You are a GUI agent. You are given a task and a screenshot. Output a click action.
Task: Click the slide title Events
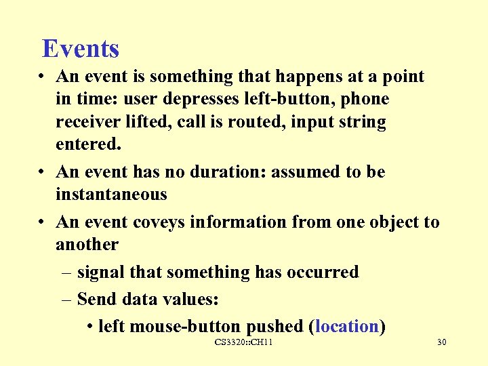point(80,49)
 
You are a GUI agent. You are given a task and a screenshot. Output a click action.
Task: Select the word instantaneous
point(111,195)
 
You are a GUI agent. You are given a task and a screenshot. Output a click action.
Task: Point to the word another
point(87,245)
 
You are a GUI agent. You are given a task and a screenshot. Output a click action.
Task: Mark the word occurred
point(325,272)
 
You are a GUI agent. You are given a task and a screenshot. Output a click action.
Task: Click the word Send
point(96,299)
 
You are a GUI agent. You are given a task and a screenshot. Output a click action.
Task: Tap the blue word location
point(346,327)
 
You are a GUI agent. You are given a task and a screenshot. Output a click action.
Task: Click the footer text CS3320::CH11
point(243,343)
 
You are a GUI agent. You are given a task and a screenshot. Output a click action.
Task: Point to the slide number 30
point(441,343)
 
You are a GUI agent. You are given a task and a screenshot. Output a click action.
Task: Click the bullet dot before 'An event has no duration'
point(42,173)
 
